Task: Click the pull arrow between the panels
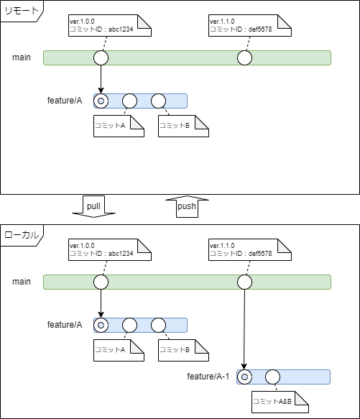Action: click(93, 206)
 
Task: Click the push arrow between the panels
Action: click(187, 206)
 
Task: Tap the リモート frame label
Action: click(22, 11)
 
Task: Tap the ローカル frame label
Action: click(22, 235)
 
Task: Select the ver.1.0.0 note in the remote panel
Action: click(110, 25)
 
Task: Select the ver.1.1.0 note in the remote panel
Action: click(250, 25)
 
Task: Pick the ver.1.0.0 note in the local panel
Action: click(110, 249)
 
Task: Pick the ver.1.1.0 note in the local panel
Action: click(250, 249)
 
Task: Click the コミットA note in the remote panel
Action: click(119, 126)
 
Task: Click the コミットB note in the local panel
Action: click(183, 350)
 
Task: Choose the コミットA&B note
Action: click(280, 402)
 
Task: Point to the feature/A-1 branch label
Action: click(208, 377)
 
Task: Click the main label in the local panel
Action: click(22, 282)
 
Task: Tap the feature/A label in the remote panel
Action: click(65, 101)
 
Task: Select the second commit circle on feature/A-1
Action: click(272, 377)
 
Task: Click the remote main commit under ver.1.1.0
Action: click(244, 57)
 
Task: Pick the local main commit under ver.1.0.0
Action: click(101, 282)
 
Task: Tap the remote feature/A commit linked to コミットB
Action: click(158, 101)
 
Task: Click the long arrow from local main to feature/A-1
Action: click(244, 329)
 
